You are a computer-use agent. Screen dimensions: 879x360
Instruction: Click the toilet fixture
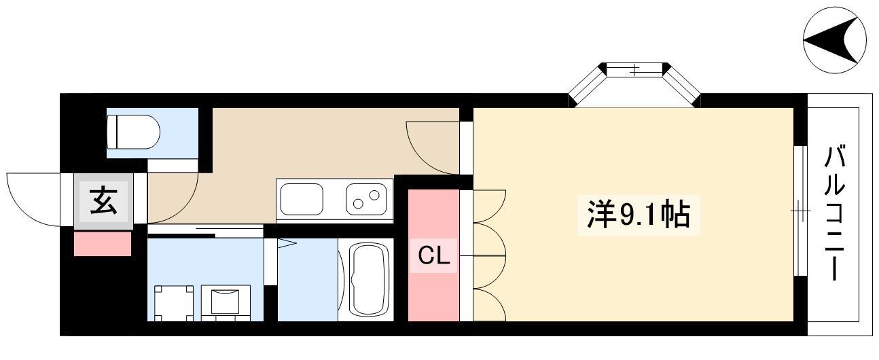pyautogui.click(x=133, y=132)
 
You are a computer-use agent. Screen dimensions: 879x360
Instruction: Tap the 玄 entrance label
pyautogui.click(x=104, y=200)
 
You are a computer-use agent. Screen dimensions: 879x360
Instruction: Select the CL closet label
pyautogui.click(x=433, y=255)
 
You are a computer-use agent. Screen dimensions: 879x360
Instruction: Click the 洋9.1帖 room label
pyautogui.click(x=638, y=215)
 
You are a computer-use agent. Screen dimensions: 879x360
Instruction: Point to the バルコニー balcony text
pyautogui.click(x=834, y=213)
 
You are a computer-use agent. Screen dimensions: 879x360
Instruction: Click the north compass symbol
pyautogui.click(x=835, y=40)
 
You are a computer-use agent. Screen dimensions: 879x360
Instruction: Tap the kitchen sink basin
pyautogui.click(x=302, y=200)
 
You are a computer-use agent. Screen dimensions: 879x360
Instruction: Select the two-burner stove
pyautogui.click(x=366, y=200)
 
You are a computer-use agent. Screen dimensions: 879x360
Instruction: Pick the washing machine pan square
pyautogui.click(x=174, y=303)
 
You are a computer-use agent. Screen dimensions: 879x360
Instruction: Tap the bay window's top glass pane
pyautogui.click(x=634, y=71)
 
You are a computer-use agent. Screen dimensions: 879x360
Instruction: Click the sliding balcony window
pyautogui.click(x=800, y=211)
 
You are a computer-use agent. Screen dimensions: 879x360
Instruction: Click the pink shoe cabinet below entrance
pyautogui.click(x=103, y=244)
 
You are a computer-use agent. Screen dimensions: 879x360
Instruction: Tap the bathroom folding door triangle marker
pyautogui.click(x=287, y=243)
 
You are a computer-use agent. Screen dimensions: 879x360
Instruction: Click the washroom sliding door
pyautogui.click(x=205, y=231)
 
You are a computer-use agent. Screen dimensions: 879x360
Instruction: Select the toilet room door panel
pyautogui.click(x=173, y=166)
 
